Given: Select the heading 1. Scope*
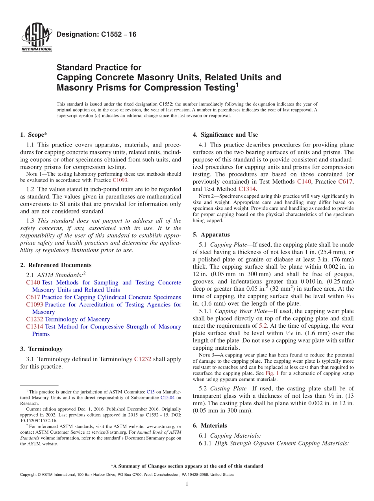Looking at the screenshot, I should pos(34,135).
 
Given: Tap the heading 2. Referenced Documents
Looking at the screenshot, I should pos(56,265).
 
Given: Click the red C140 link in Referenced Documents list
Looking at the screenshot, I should pos(33,282).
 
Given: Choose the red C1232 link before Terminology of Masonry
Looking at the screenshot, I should pos(35,319).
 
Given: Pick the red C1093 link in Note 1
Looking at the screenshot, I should pos(120,180).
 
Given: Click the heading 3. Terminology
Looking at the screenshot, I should pos(41,349).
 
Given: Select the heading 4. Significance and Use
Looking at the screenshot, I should pos(225,135).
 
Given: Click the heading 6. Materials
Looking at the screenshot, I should pos(210,426).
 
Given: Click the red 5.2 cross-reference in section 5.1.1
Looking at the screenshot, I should pos(263,326).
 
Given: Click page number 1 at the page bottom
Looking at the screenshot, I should pos(187,484).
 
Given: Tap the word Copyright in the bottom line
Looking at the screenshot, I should pos(30,475).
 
